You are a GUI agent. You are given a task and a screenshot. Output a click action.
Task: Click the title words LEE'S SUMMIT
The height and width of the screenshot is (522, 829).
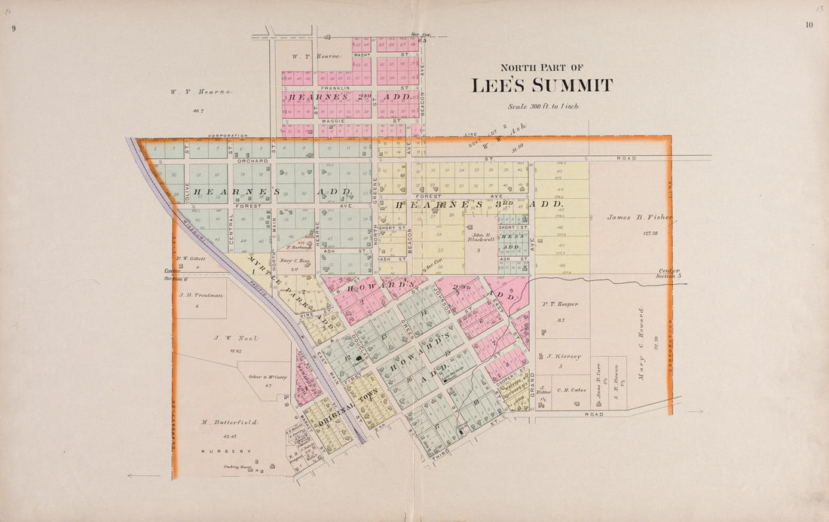point(542,86)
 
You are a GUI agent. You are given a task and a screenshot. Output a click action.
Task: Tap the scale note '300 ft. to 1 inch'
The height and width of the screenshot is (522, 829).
point(543,107)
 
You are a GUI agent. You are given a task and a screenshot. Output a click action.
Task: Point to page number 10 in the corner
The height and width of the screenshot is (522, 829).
point(809,25)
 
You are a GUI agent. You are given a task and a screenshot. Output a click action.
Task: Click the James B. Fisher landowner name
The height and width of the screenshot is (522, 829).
point(639,218)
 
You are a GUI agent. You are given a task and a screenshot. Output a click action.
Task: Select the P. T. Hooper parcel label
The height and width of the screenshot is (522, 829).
point(560,304)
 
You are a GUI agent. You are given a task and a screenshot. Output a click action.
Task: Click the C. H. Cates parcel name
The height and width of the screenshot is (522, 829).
point(571,390)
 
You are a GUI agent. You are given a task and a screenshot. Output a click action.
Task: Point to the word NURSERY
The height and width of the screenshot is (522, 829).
point(226,451)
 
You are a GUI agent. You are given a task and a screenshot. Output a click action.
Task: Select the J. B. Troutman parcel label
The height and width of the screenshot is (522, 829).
point(201,295)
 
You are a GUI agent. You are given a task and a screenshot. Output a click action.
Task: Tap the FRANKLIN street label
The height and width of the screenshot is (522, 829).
point(334,88)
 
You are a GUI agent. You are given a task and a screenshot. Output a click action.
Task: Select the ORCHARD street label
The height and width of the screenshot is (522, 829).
point(252,160)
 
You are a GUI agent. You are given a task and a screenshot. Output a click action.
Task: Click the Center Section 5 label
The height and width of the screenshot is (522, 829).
point(668,273)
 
